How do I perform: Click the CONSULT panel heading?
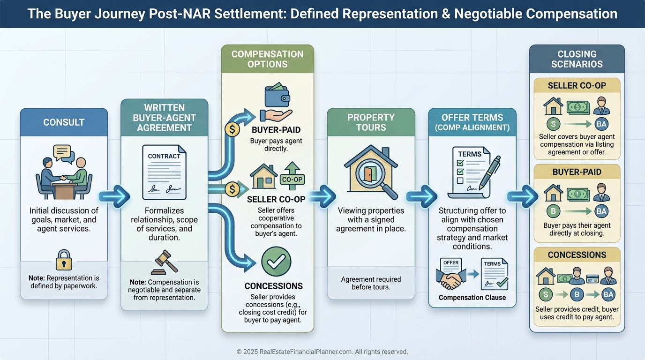coord(64,122)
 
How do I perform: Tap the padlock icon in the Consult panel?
coord(64,260)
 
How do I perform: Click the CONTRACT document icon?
coord(164,172)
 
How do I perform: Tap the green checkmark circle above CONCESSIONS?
coord(276,262)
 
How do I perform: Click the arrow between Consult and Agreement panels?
coord(114,197)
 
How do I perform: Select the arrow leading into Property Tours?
coord(322,196)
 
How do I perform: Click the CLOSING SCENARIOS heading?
coord(577,59)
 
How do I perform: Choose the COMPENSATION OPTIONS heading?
coord(267,59)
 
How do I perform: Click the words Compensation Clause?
coord(472,298)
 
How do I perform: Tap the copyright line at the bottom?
coord(322,352)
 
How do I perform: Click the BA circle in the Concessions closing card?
coord(608,294)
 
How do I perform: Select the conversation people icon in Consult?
coord(64,172)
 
